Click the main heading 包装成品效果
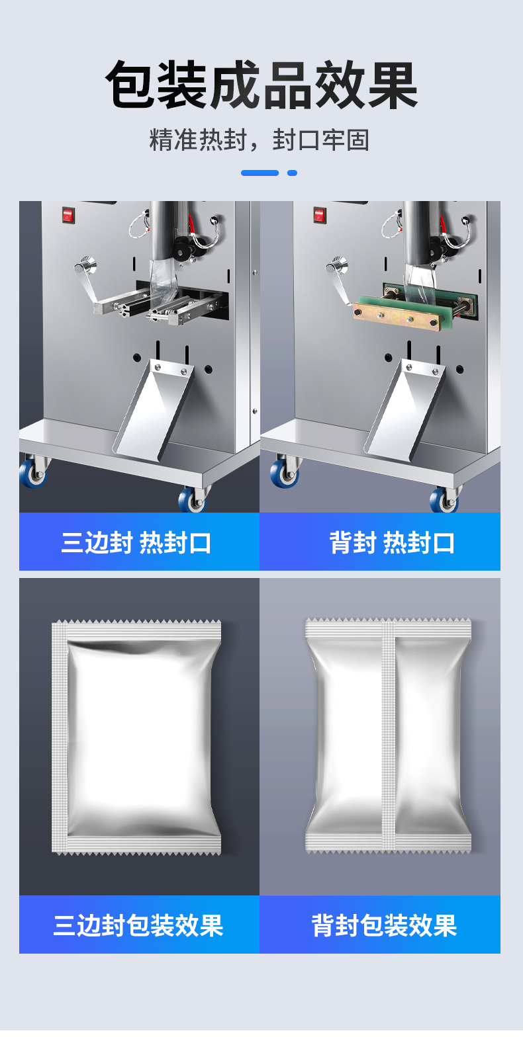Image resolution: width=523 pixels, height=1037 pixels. click(x=261, y=84)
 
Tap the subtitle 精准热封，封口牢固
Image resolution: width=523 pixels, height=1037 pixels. click(x=260, y=140)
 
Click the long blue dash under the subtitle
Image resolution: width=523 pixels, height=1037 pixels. click(x=260, y=173)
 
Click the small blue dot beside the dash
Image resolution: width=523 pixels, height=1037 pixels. click(x=292, y=173)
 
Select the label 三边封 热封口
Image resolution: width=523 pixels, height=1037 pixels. click(x=136, y=542)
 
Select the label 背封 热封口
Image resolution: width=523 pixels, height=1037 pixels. click(x=392, y=542)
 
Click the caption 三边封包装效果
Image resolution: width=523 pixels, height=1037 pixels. click(x=138, y=925)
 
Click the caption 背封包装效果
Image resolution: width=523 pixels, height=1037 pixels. click(x=384, y=925)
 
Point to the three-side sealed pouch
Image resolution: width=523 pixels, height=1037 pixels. click(x=136, y=736)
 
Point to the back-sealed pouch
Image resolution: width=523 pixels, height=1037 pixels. click(x=388, y=735)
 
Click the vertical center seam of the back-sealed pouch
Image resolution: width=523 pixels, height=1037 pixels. click(x=388, y=735)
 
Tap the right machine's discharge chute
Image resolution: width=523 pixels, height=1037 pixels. click(x=404, y=410)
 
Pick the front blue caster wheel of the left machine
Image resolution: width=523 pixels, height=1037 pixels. click(x=192, y=499)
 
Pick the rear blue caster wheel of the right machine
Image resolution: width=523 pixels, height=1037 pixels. click(x=283, y=472)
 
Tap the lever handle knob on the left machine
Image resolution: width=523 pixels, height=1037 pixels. click(x=84, y=265)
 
